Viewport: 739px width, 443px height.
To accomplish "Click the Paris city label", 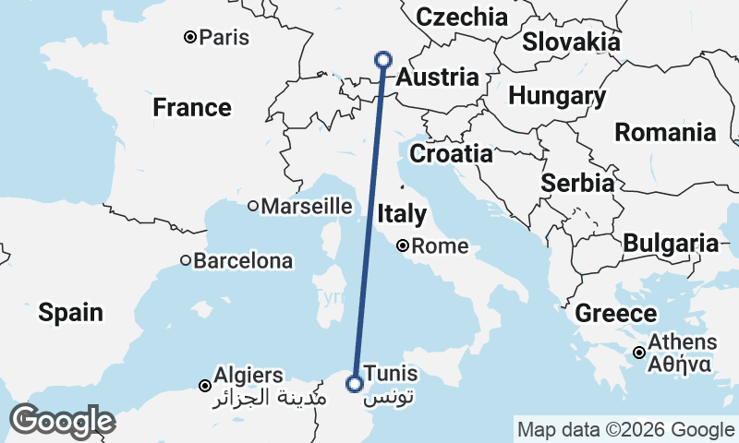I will (x=225, y=38).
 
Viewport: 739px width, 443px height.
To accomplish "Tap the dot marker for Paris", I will (x=189, y=38).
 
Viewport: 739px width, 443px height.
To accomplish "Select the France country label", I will (x=192, y=108).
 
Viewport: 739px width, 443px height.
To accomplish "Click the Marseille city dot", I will (x=252, y=207).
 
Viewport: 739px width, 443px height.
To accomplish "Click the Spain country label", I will (x=70, y=313).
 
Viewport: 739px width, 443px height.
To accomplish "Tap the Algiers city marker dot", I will (x=205, y=385).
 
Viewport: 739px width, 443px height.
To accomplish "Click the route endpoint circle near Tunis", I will (x=353, y=383).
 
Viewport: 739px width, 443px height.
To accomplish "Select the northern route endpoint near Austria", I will (x=384, y=60).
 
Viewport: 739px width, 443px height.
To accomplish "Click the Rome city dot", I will (x=404, y=246).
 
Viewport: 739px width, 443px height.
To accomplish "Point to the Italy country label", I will (x=402, y=214).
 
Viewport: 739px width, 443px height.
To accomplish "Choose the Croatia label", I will (x=451, y=153).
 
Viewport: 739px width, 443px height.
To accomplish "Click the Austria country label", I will (x=438, y=79).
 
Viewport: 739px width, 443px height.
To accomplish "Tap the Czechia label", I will (x=462, y=17).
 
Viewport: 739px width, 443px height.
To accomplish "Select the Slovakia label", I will (x=571, y=42).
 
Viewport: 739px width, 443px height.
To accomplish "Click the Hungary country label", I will (x=557, y=96).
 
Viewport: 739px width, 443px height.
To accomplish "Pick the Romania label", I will (x=665, y=132).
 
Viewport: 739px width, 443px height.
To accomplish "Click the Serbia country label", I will (x=578, y=183).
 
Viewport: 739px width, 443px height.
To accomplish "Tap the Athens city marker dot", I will (x=638, y=353).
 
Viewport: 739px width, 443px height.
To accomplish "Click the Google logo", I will (x=62, y=421).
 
